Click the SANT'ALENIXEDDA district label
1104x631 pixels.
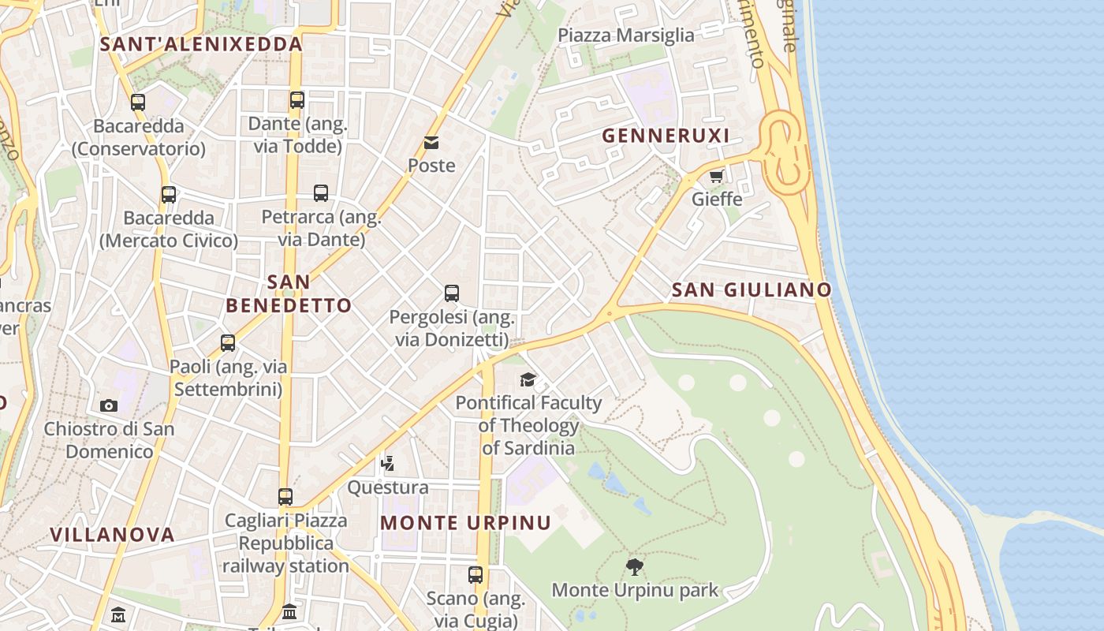[202, 44]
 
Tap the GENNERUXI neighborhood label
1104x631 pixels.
[666, 136]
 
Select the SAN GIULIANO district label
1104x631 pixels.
[752, 289]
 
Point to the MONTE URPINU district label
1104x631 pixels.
[465, 523]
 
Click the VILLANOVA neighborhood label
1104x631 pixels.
[112, 535]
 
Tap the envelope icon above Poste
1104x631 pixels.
[431, 143]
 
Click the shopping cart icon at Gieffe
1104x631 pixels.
[716, 177]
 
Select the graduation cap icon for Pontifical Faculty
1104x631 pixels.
[528, 380]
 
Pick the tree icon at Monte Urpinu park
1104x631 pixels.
[634, 566]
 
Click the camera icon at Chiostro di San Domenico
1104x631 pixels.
[109, 406]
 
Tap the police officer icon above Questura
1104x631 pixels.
[387, 464]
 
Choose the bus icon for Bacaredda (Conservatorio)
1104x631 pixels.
[138, 103]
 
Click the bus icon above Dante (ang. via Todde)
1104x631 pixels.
[297, 100]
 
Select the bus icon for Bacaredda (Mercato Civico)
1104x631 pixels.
[169, 195]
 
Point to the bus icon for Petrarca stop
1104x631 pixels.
[321, 193]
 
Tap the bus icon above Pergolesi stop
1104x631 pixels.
[452, 293]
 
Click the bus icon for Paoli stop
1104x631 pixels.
[228, 343]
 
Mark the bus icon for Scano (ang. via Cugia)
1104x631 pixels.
[476, 575]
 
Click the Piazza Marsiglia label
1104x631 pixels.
[626, 35]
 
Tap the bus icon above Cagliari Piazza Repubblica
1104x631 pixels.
[285, 497]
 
